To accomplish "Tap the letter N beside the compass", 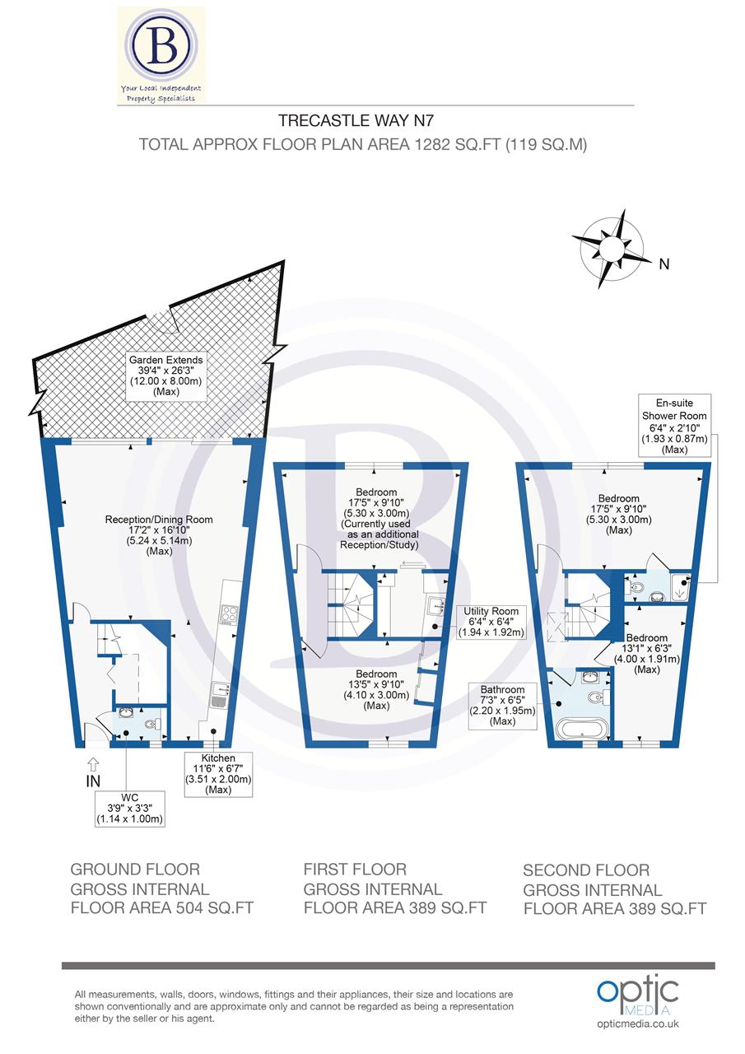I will [x=664, y=264].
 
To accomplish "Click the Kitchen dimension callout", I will [x=219, y=773].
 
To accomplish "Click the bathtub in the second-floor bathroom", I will [x=582, y=728].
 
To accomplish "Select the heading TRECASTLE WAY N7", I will [x=355, y=120].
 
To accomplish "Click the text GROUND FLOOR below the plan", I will [x=135, y=870].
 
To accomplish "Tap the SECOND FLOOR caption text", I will [x=586, y=870].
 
